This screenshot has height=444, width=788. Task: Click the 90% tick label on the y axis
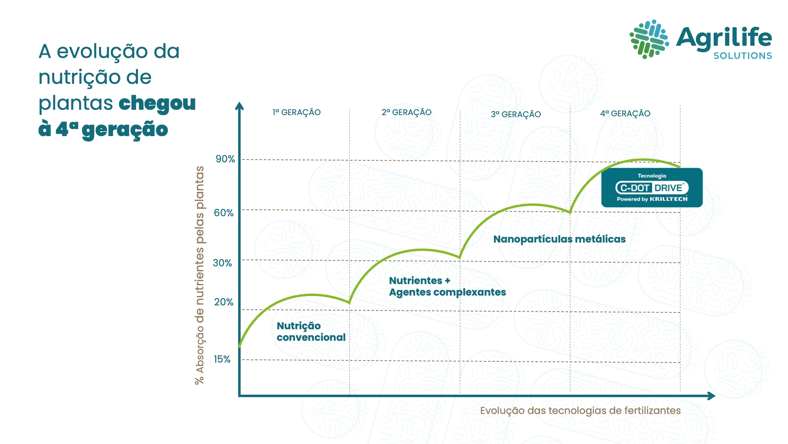click(225, 159)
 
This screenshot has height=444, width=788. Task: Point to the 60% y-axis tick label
click(223, 213)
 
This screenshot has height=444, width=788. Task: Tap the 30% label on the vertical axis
click(222, 263)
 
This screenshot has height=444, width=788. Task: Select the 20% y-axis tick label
click(223, 302)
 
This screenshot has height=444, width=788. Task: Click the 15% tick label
click(222, 359)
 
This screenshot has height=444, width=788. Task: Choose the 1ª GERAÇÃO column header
click(296, 112)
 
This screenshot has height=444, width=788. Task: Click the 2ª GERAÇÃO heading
click(407, 112)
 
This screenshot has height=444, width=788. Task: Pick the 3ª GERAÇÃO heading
click(516, 114)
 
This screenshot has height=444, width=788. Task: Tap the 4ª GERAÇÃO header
click(625, 113)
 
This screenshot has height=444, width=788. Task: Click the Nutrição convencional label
click(311, 332)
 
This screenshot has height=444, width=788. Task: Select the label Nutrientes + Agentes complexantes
click(447, 287)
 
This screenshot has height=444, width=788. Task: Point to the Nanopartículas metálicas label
click(559, 239)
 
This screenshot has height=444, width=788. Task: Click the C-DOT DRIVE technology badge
click(652, 188)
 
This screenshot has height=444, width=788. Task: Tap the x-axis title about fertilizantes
click(580, 411)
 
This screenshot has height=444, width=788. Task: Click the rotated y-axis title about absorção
click(200, 275)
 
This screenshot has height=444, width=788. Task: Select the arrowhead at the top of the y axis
click(239, 106)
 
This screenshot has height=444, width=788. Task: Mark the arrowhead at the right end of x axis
click(712, 396)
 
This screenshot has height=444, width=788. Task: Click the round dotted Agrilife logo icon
click(649, 39)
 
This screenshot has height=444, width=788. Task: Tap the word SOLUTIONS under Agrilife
click(742, 56)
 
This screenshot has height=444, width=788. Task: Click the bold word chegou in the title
click(157, 103)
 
